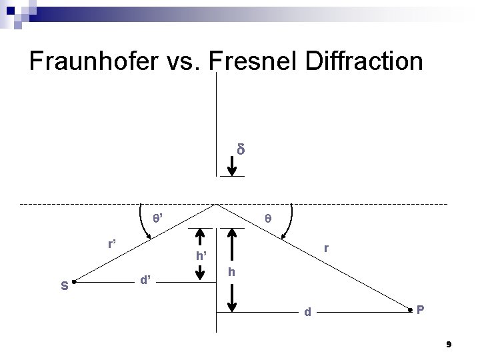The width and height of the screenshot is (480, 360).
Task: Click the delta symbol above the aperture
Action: (x=241, y=149)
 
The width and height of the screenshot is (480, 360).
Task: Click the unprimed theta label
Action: (x=267, y=218)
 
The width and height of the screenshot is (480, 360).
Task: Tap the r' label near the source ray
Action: (x=113, y=243)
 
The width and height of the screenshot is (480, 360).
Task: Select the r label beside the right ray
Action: (x=325, y=248)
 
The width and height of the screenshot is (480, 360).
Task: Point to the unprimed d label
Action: (x=307, y=311)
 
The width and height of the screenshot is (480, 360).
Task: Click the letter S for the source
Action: (x=64, y=287)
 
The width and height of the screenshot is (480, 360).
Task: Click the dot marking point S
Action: (x=74, y=283)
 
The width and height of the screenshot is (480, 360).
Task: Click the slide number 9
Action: (x=449, y=345)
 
